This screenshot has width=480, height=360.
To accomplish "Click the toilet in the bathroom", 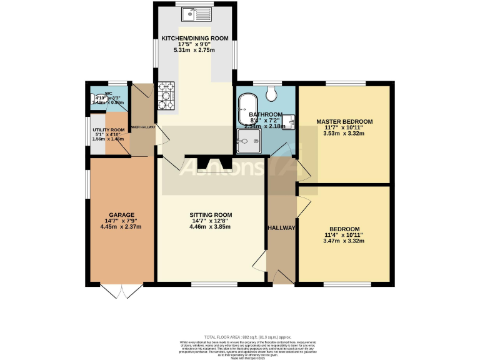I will click(271, 93).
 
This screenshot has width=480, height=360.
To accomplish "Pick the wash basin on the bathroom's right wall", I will click(290, 122).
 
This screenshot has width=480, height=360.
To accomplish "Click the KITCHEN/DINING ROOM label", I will click(195, 38).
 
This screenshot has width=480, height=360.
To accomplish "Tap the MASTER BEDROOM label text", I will click(344, 121).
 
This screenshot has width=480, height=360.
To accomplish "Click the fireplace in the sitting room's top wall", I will click(214, 164).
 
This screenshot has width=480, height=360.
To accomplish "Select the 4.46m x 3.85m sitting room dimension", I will click(211, 227).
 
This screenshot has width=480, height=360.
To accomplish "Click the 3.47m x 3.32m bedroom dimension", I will click(344, 241).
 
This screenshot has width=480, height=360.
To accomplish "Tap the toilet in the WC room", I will click(97, 99).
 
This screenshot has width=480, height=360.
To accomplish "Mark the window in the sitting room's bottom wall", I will click(214, 285).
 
